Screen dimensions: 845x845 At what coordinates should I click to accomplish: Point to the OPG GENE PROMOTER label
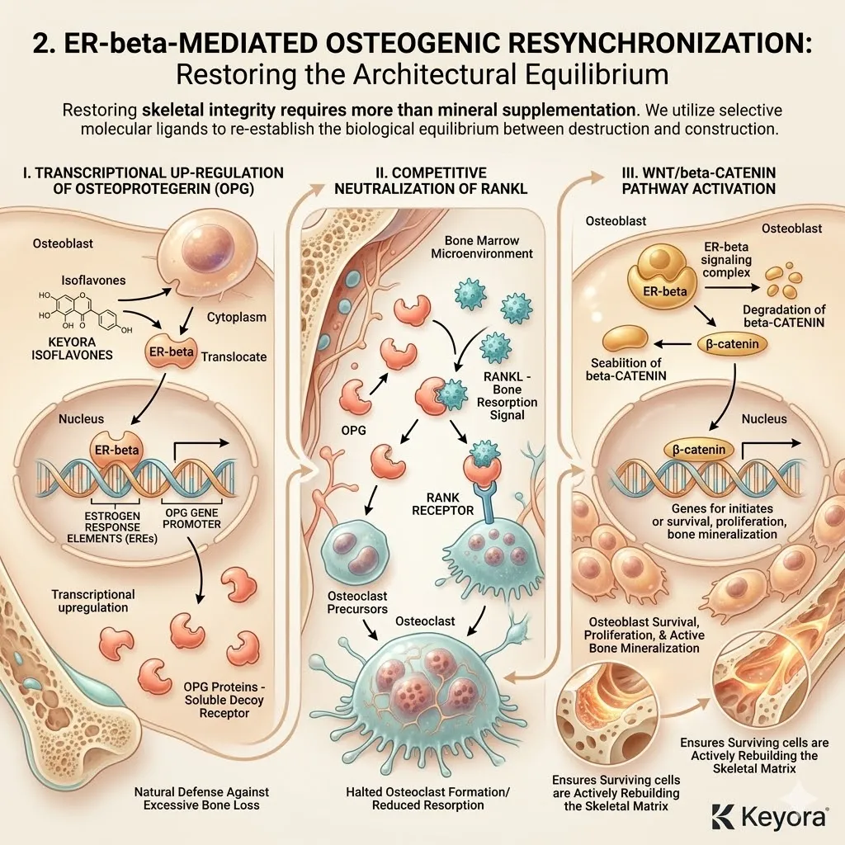(191, 518)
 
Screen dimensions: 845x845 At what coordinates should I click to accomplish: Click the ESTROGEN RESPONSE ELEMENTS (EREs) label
(112, 527)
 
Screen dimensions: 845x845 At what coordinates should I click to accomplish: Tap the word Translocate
(234, 356)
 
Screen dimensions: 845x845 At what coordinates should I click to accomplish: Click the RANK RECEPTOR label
(442, 503)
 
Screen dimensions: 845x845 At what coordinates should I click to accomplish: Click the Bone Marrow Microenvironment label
(482, 247)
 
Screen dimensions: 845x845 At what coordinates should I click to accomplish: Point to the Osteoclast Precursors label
(357, 602)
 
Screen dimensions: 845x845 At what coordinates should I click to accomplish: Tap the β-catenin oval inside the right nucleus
(699, 450)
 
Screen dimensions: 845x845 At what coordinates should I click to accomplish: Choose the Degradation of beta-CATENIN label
(784, 316)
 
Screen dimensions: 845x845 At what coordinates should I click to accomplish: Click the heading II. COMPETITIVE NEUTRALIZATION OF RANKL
(431, 181)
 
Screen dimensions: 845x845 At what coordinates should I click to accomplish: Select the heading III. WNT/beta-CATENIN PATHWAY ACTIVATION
(698, 181)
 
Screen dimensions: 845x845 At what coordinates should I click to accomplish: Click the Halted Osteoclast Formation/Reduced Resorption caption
(427, 799)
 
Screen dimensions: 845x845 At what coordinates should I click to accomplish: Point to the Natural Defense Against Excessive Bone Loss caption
(201, 799)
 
